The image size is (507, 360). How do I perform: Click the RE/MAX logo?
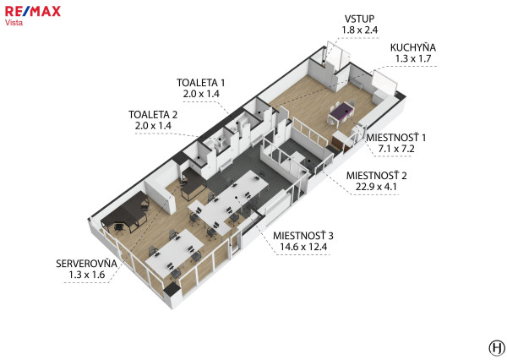(x=33, y=12)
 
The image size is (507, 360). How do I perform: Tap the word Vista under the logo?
(x=14, y=23)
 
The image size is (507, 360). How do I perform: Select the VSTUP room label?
(x=359, y=19)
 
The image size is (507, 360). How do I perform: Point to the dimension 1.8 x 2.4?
(x=360, y=30)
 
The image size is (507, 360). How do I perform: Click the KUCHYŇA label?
(x=413, y=47)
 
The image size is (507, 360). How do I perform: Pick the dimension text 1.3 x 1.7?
(x=413, y=58)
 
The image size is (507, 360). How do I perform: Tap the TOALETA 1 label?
(x=200, y=83)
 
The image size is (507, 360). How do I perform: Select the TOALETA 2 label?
(x=153, y=115)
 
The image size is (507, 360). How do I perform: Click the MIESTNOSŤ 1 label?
(x=395, y=138)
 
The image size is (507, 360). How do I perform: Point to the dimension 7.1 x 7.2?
(x=396, y=149)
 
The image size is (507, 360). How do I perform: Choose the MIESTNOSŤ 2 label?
(x=376, y=175)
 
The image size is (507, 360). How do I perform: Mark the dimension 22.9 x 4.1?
(x=376, y=187)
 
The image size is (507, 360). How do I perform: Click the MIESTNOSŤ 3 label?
(x=303, y=236)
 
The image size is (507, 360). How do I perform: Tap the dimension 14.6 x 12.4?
(x=303, y=247)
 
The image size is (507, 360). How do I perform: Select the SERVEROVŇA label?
(x=86, y=264)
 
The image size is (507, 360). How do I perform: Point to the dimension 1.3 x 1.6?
(x=87, y=275)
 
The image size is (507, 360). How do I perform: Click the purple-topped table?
(x=341, y=111)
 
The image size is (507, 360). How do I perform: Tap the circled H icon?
(x=496, y=348)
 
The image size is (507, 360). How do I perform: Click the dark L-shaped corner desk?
(x=124, y=212)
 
